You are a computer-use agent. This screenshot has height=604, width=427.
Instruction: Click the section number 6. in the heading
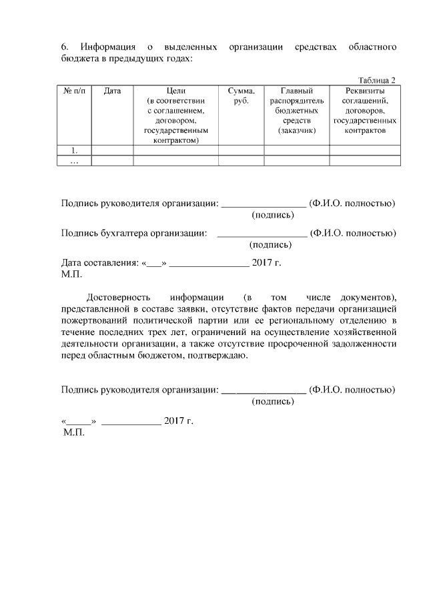point(65,47)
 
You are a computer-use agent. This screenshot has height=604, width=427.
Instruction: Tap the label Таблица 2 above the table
point(377,79)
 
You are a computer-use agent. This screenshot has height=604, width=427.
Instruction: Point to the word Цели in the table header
point(176,91)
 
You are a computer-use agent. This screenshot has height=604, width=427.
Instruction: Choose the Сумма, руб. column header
point(241,95)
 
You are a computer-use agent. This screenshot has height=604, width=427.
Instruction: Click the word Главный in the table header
point(296,91)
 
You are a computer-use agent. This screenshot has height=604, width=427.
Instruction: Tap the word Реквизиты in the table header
point(364,91)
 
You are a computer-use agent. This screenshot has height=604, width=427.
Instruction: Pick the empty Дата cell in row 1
point(112,150)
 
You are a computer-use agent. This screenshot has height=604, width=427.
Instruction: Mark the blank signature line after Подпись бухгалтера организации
point(262,234)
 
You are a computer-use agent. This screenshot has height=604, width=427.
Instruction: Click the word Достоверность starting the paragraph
point(118,296)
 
